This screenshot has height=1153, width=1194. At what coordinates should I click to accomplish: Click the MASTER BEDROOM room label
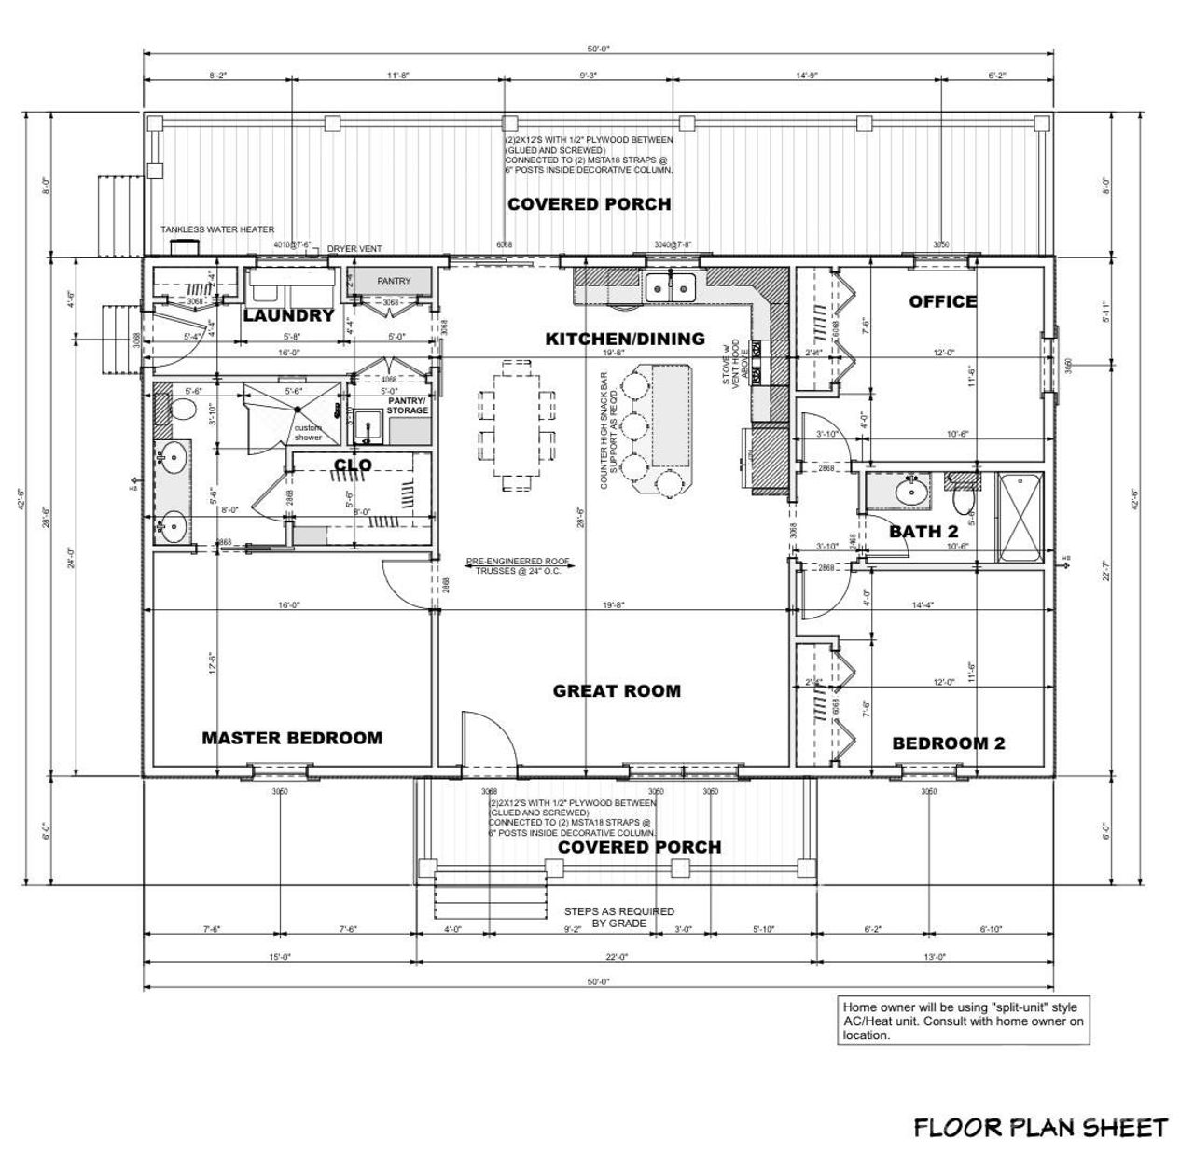coord(292,738)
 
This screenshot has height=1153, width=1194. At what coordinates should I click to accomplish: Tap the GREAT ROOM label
coord(617,691)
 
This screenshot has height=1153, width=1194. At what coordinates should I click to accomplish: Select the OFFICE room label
coord(943,301)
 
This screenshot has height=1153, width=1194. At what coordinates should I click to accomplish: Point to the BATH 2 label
coord(923,532)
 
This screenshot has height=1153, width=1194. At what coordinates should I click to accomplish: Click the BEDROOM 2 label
coord(948,743)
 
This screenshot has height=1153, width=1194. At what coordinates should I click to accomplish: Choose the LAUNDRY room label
coord(288,315)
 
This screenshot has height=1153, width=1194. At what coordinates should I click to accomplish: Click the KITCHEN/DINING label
coord(625,339)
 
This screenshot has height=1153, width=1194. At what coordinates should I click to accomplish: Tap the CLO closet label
coord(353,465)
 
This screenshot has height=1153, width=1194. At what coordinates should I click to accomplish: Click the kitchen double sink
coord(672,287)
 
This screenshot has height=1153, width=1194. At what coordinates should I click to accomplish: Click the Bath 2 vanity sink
coord(907,491)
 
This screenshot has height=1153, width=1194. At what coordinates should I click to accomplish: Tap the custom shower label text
coord(309,432)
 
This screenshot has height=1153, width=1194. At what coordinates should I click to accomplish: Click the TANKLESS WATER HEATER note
coord(216,229)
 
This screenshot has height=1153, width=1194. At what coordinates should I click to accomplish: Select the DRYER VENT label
coord(354,249)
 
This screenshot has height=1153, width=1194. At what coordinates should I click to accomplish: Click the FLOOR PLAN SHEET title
coord(1039,1128)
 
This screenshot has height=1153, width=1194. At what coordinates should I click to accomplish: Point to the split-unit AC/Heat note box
coord(963,1021)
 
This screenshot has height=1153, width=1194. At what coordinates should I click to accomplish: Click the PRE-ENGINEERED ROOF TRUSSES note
coord(518,566)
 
